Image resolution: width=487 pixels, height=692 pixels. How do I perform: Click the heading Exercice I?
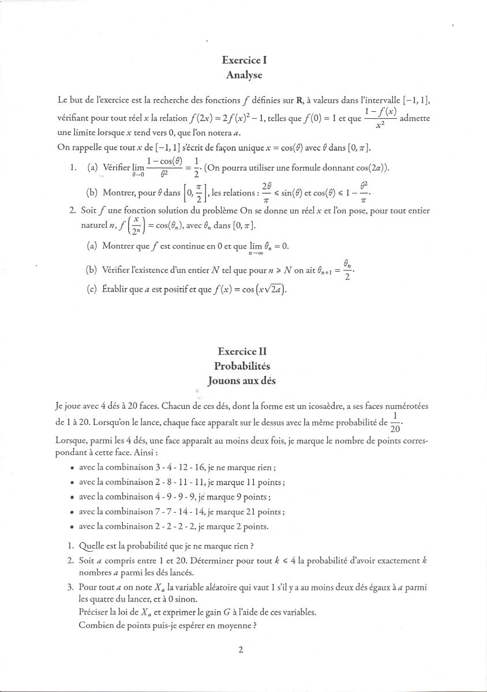click(x=244, y=60)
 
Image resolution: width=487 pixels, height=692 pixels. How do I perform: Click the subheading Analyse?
click(x=244, y=75)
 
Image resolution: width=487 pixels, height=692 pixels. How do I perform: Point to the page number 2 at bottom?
click(x=241, y=650)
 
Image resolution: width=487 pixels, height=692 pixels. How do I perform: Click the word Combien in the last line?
click(x=95, y=626)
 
